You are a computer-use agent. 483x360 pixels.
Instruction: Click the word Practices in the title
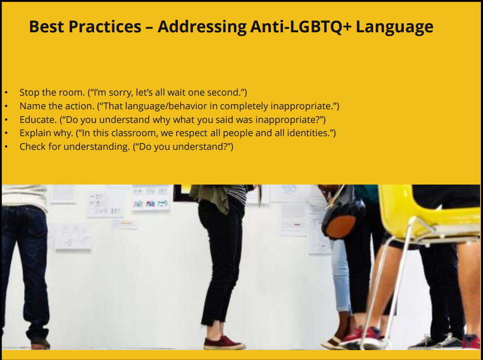pos(105,26)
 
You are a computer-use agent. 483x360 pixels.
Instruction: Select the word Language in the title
pos(394,27)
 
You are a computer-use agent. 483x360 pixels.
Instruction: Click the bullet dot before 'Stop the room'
pos(6,92)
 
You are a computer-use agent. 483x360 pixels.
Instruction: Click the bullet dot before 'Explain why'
pos(6,133)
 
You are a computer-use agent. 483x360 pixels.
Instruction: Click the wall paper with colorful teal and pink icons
pos(151,203)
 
